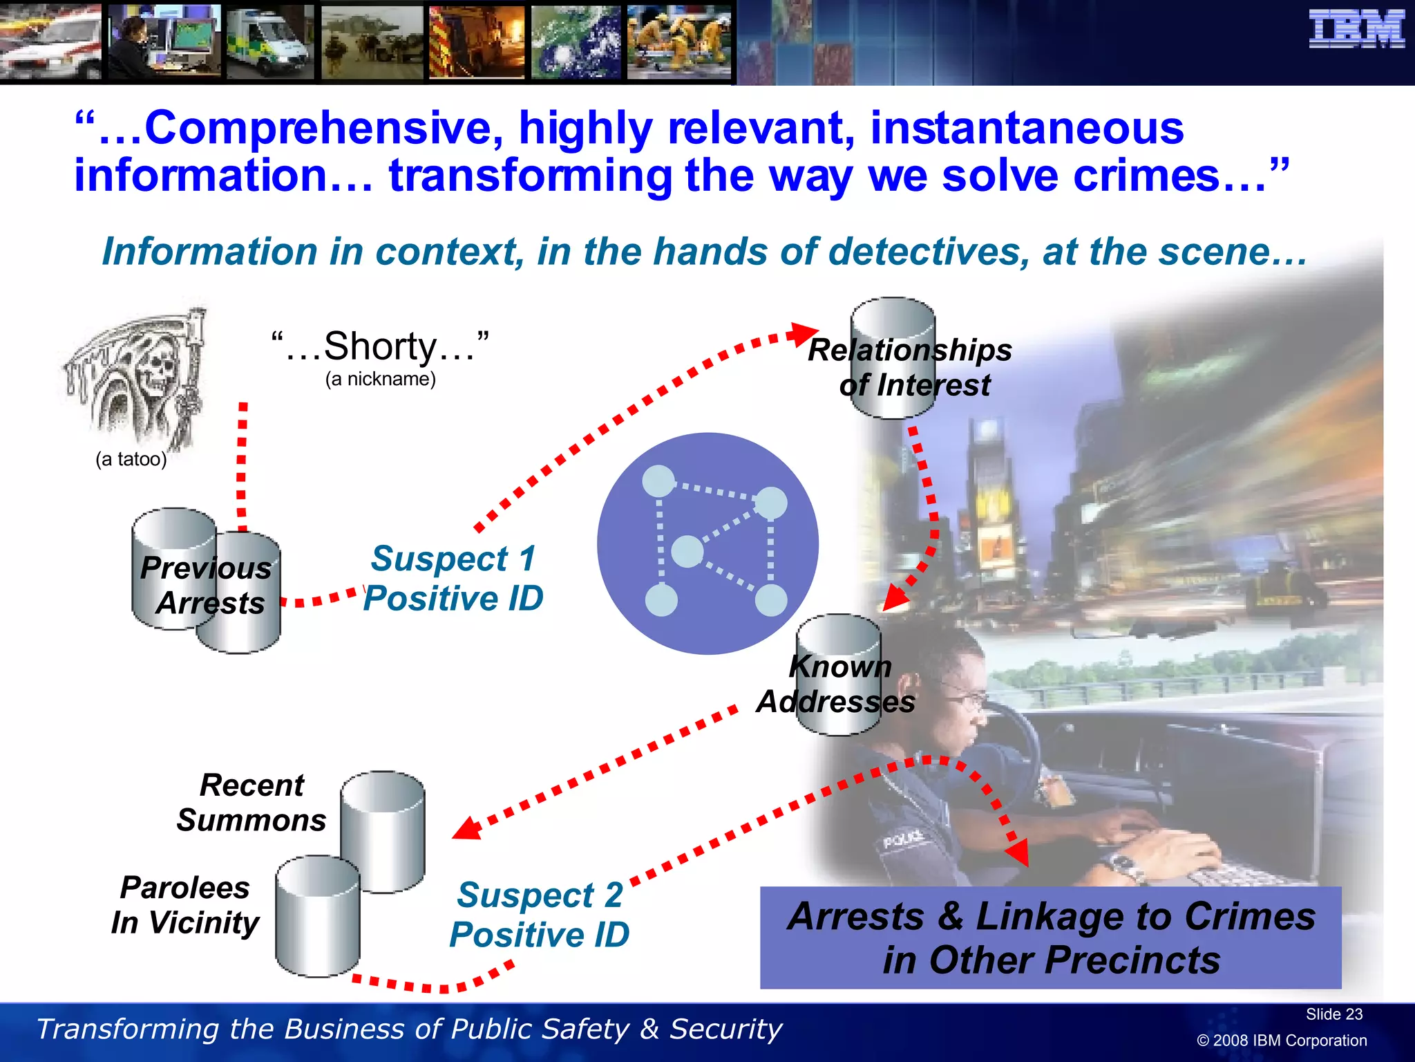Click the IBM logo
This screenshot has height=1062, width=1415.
1356,30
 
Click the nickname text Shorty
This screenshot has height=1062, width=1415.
380,346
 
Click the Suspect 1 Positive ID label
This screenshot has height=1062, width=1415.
453,579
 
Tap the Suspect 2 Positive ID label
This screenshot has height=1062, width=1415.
540,915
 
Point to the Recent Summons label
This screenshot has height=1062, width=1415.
251,803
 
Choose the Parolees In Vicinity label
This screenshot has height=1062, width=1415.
185,905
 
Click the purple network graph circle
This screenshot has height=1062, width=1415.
707,543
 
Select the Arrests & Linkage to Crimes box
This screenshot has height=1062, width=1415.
1050,938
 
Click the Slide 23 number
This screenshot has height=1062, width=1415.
1333,1014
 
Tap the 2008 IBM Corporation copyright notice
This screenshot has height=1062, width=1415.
1282,1041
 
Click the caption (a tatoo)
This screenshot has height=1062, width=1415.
131,459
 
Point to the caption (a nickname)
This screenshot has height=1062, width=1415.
381,379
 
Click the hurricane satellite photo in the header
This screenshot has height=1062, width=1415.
576,41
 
